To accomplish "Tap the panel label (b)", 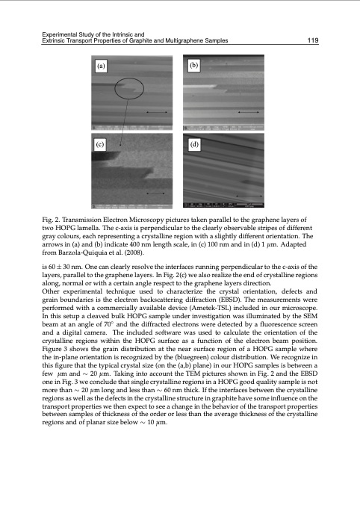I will pos(194,66).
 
